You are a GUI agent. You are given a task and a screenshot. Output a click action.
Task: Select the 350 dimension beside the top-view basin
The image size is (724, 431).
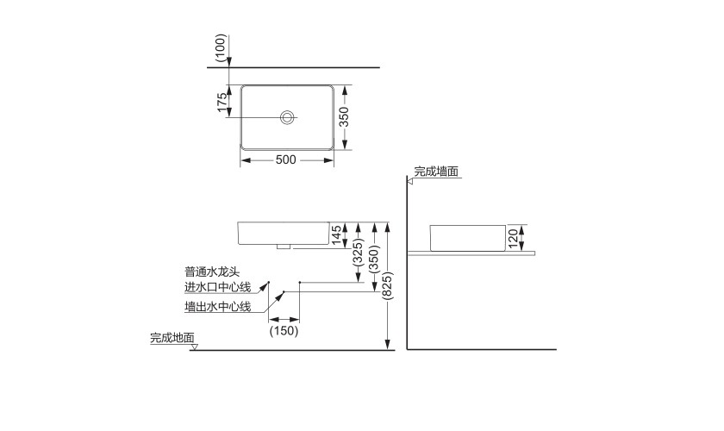(x=343, y=117)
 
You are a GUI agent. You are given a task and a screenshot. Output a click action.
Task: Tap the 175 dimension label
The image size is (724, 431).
(x=223, y=103)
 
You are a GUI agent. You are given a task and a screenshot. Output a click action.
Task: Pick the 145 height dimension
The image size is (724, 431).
(x=336, y=234)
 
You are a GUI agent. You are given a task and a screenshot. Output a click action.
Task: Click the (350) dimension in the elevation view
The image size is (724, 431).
(x=374, y=257)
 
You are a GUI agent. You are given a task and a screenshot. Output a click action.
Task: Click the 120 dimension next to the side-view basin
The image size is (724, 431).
(x=512, y=237)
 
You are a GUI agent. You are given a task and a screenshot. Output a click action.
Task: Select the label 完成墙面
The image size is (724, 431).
(x=435, y=172)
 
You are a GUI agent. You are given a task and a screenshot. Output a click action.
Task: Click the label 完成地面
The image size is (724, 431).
(x=172, y=339)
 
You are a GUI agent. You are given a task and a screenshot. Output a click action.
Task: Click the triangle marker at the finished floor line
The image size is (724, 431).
(x=195, y=347)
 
